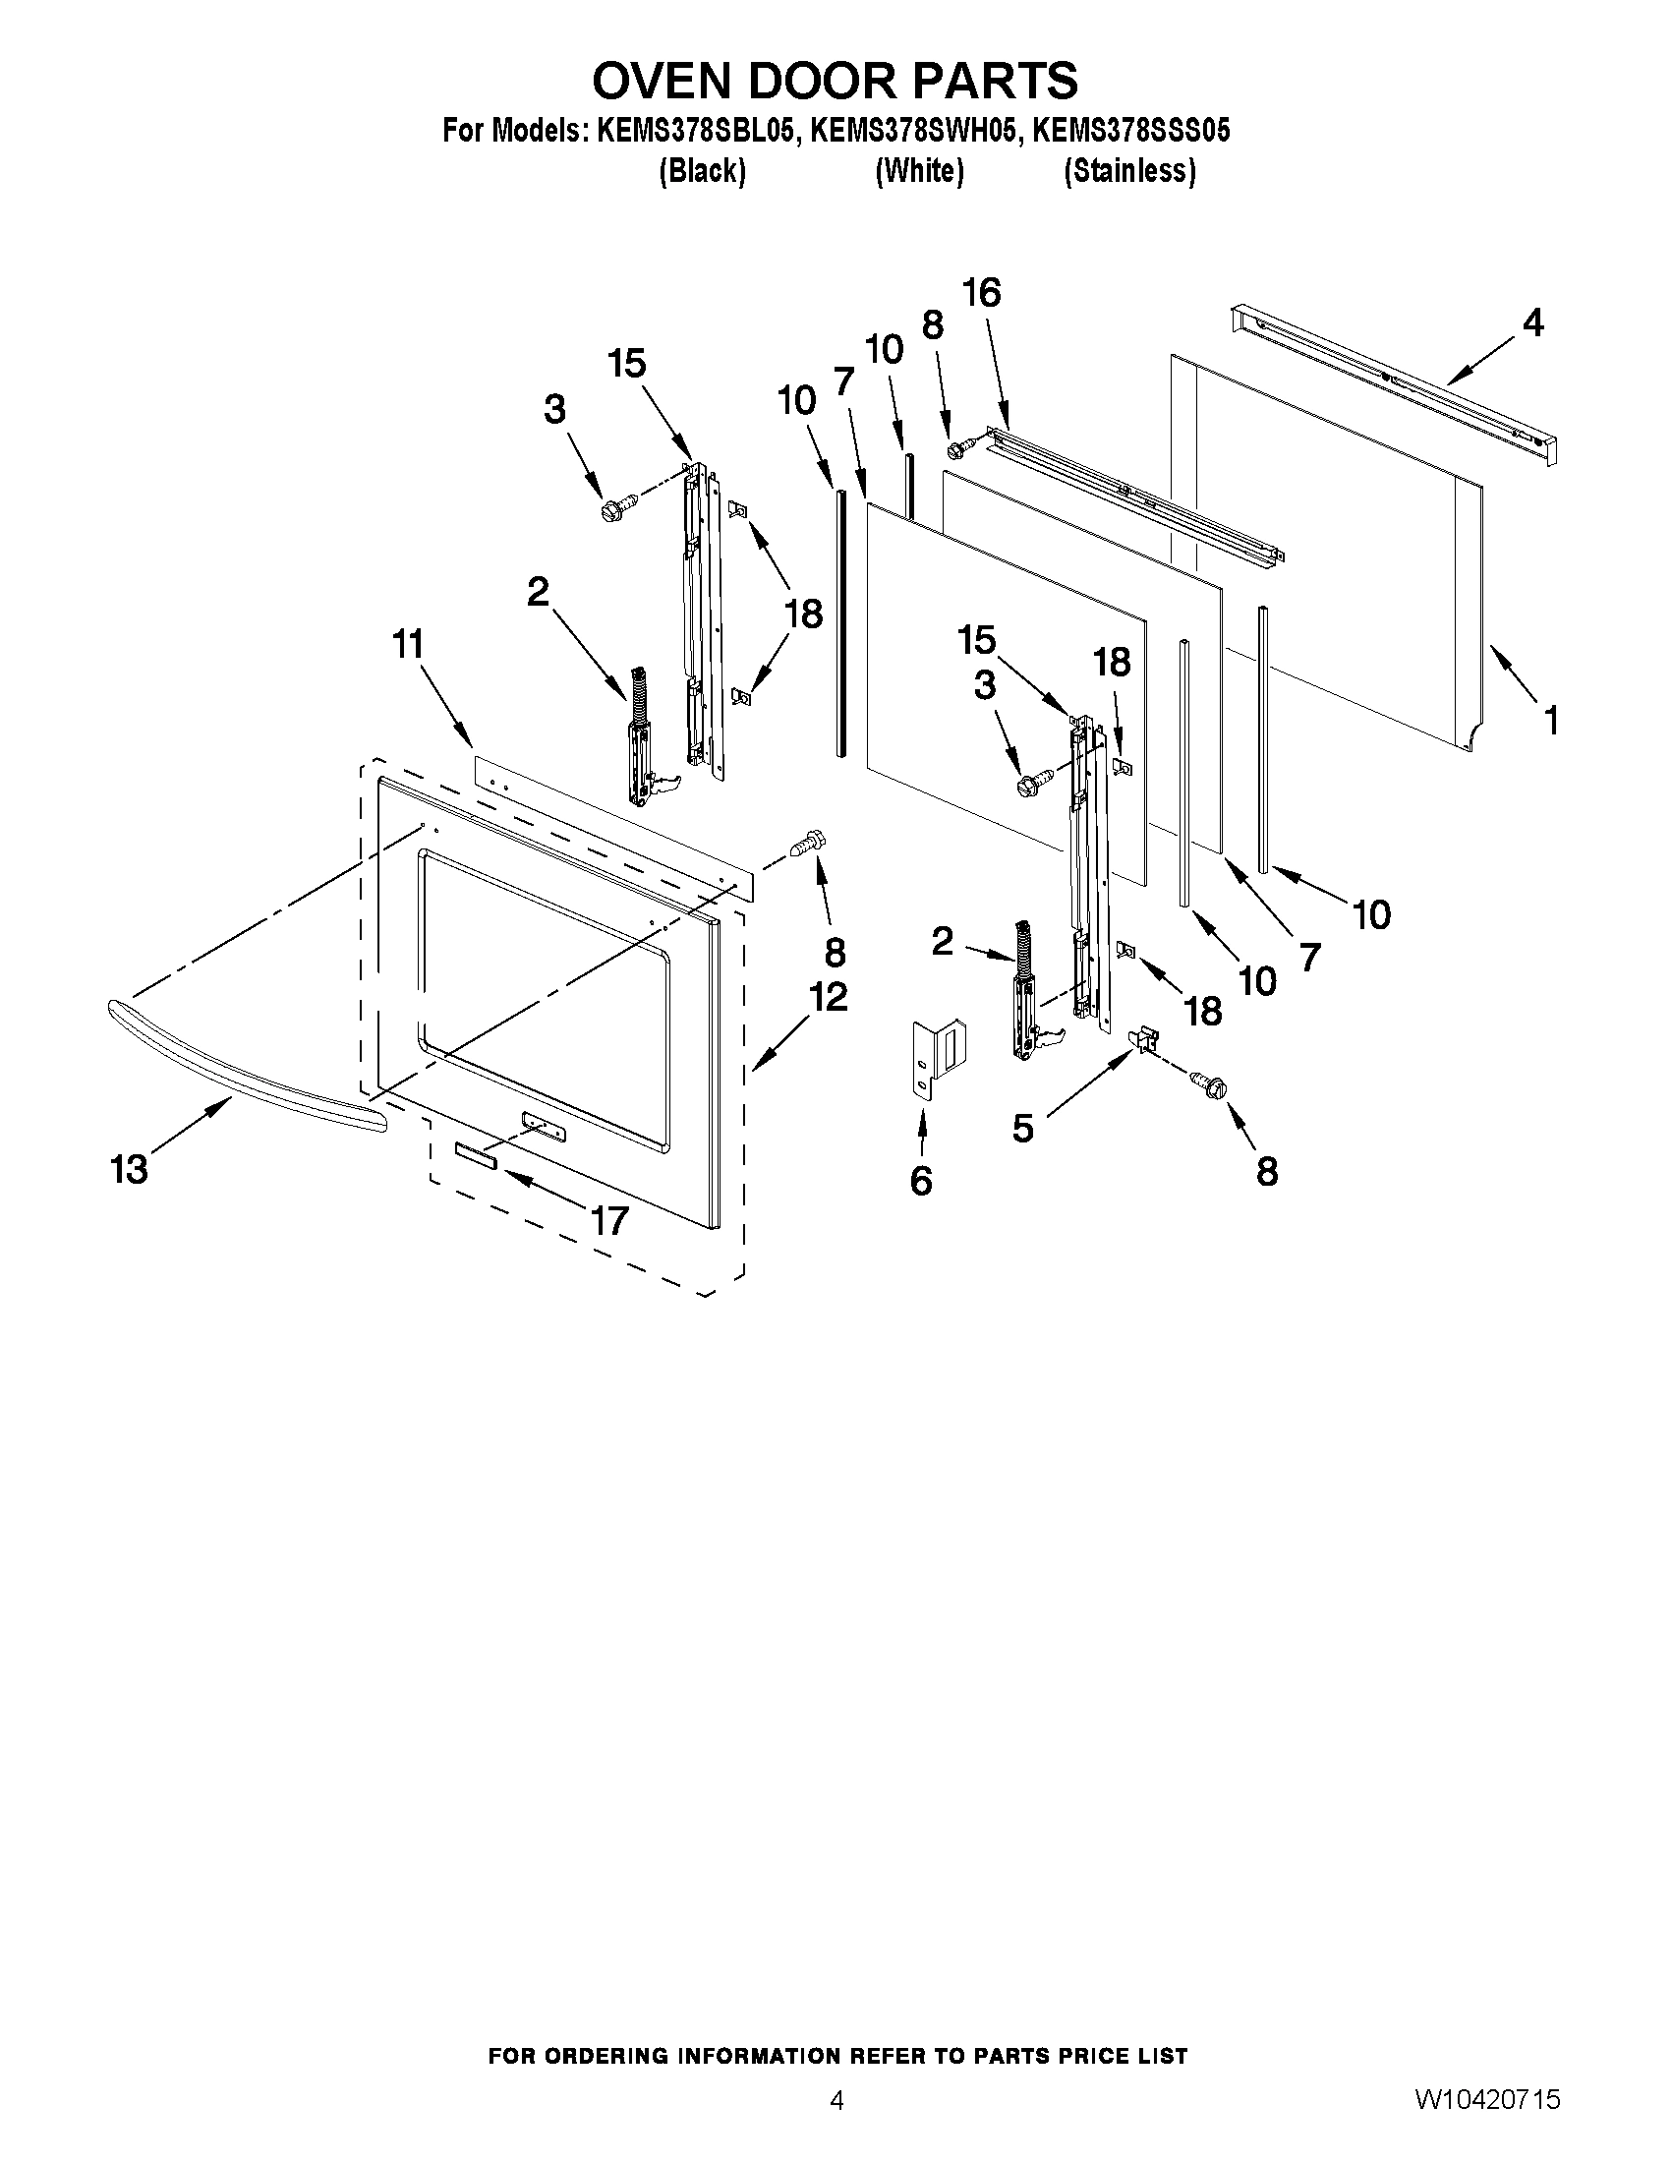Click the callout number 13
(x=129, y=1169)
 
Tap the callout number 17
(x=609, y=1221)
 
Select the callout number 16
(x=981, y=293)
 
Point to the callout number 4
(x=1531, y=323)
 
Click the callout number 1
(x=1551, y=721)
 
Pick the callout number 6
(x=920, y=1180)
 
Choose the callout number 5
(x=1022, y=1128)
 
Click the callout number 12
(x=828, y=997)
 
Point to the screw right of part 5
(x=1209, y=1084)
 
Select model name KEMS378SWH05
(x=913, y=131)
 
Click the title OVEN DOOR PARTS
(x=835, y=81)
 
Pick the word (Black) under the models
(x=702, y=171)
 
